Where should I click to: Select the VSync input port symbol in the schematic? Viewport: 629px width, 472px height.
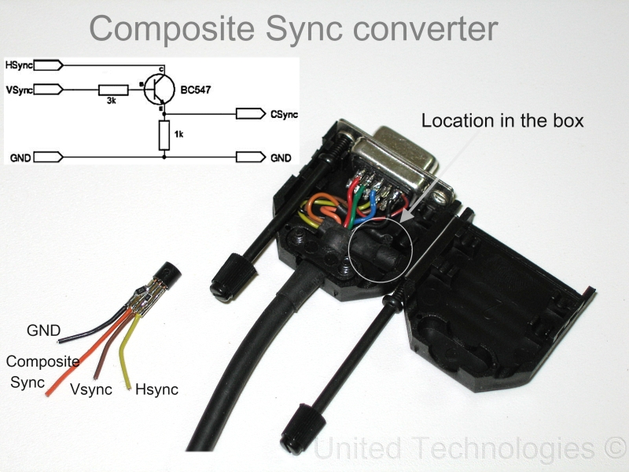[50, 89]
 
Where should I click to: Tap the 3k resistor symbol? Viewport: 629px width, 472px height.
[113, 90]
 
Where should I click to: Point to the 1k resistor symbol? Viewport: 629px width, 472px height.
[164, 135]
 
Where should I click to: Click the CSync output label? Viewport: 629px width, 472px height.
[284, 115]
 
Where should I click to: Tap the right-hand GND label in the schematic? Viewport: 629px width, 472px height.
[281, 157]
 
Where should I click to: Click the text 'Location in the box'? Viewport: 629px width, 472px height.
[503, 121]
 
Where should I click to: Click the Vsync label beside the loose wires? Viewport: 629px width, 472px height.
[91, 389]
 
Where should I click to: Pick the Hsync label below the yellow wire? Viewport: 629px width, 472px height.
[156, 389]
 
